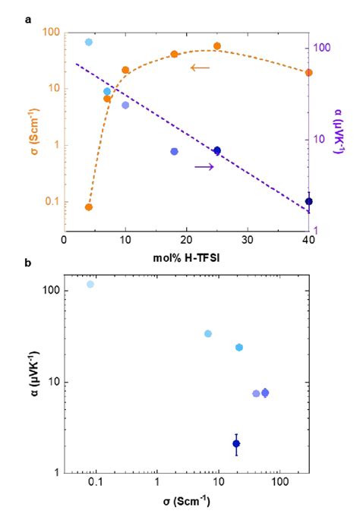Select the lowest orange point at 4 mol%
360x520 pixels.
tap(88, 206)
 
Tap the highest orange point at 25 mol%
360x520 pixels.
tap(217, 46)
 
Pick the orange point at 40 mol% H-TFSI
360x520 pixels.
tap(308, 73)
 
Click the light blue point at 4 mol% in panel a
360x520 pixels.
tap(89, 42)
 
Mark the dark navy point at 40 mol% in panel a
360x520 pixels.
tap(308, 202)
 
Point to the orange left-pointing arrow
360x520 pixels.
tap(200, 68)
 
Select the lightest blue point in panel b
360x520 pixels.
tap(90, 284)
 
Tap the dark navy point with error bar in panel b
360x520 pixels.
tap(236, 443)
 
